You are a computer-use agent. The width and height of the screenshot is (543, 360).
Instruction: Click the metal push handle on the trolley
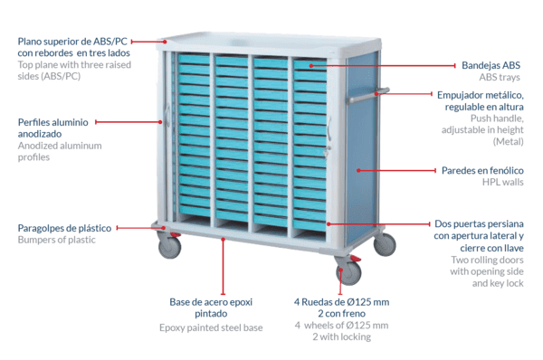point(369,95)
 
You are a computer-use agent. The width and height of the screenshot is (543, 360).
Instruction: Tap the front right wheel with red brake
point(348,272)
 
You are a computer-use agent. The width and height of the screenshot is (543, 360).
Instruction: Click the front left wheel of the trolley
point(169,246)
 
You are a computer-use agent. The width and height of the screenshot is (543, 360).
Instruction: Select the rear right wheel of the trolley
point(385,244)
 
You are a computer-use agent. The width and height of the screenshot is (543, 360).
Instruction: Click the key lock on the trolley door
point(327,151)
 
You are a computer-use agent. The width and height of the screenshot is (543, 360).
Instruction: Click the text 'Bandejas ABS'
point(491,65)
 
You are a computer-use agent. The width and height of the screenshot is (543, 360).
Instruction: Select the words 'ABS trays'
point(500,77)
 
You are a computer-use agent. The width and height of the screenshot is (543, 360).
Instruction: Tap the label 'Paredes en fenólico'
point(482,170)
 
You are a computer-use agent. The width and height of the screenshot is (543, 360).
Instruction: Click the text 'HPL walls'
point(503,182)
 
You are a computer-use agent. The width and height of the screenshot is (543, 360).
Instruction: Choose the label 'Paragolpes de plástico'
point(64,228)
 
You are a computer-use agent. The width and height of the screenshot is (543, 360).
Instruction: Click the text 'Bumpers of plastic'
point(56,240)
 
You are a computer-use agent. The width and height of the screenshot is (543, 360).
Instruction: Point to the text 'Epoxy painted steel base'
point(211,327)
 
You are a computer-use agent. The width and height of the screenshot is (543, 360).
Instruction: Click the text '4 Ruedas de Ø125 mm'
point(341,302)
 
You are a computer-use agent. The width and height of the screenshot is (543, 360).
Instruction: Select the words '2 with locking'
point(341,336)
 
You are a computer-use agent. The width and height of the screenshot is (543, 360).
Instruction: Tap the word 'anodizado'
point(40,134)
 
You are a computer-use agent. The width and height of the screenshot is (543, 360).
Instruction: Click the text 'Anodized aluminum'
point(60,146)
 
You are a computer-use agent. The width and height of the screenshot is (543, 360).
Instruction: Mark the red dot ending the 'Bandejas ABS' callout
point(311,65)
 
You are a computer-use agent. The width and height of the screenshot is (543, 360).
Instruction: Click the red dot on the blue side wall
point(358,170)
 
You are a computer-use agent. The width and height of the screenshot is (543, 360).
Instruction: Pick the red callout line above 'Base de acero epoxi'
point(223,267)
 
